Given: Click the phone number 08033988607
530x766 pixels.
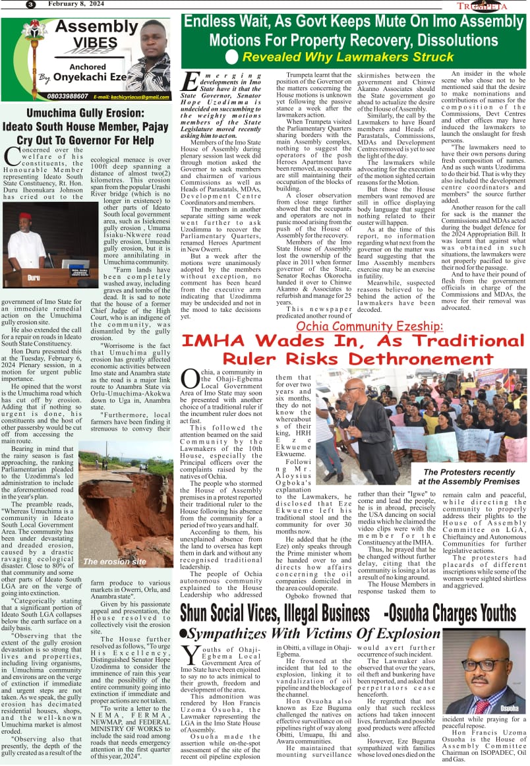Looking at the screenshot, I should click(39, 96).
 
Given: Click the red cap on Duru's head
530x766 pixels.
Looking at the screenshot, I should click(25, 216).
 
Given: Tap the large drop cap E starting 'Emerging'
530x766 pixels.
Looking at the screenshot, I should click(190, 82).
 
